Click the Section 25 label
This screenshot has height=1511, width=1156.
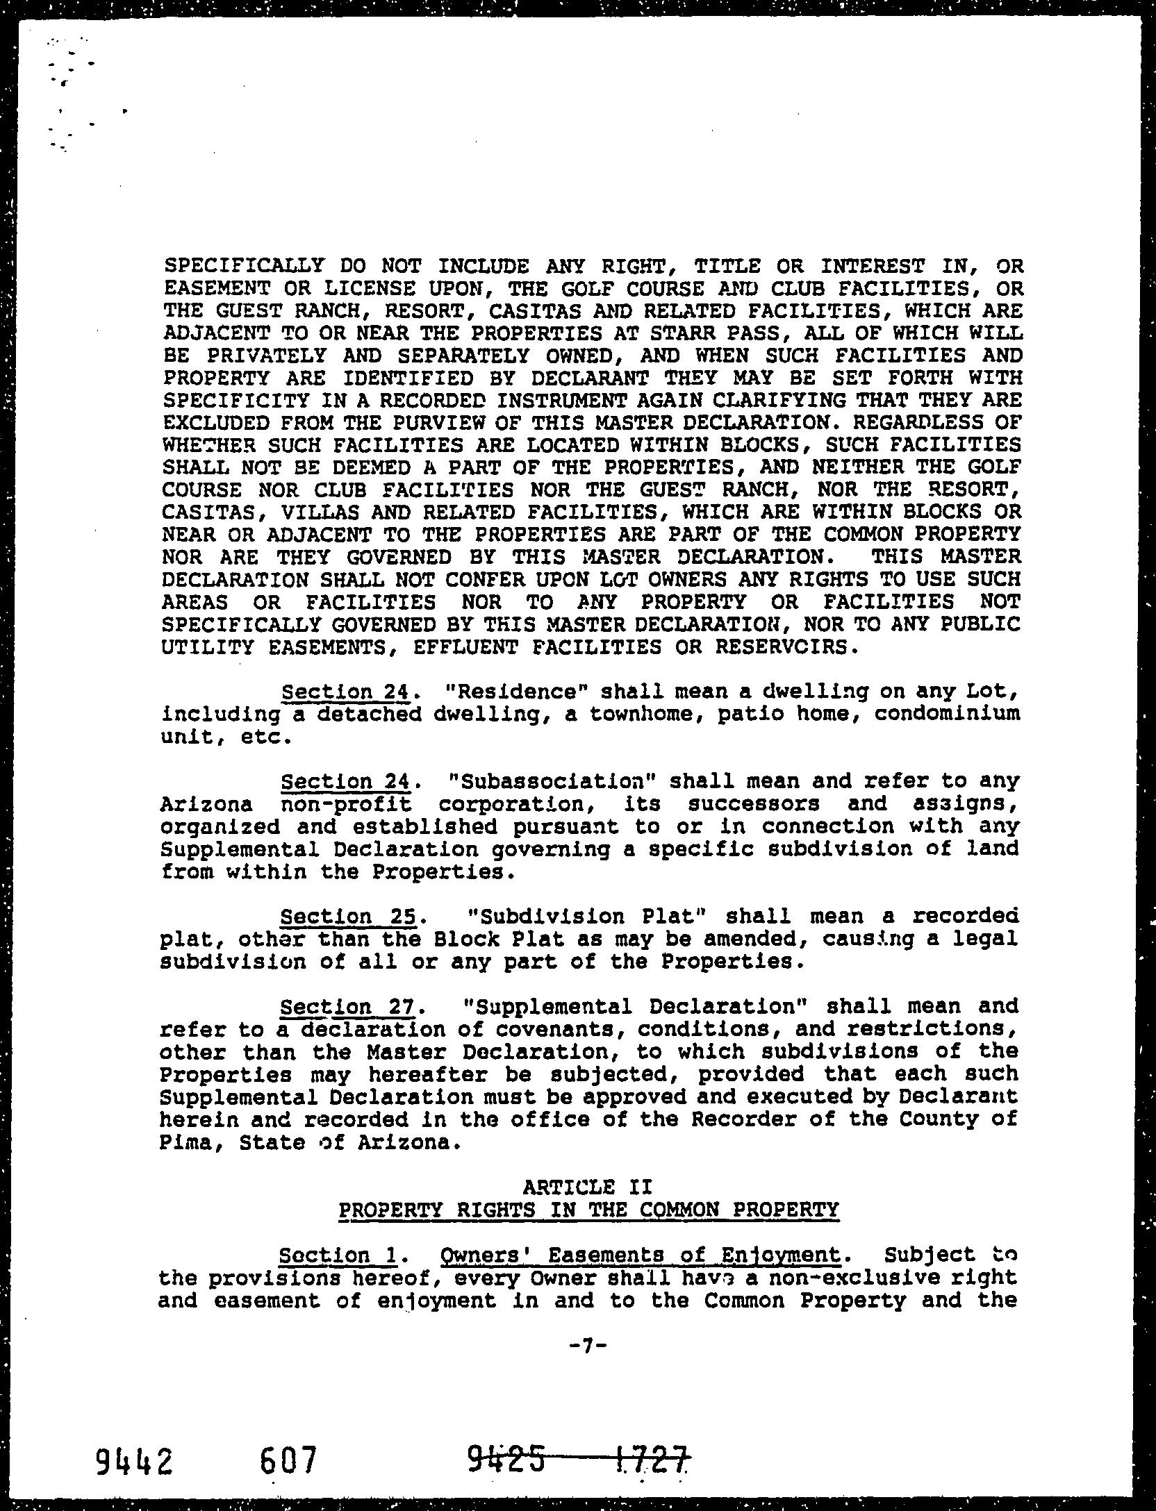[348, 917]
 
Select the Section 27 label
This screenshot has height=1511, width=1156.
[347, 1006]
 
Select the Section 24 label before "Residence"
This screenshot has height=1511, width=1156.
[348, 692]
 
